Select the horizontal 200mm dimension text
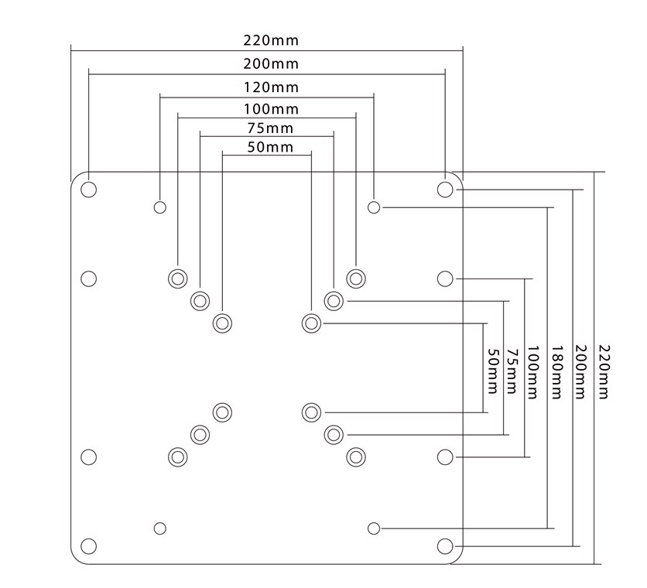tap(270, 63)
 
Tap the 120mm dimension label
tap(270, 87)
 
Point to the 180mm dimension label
tap(556, 375)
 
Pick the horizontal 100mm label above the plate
tap(270, 109)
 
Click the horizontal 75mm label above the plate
tap(270, 128)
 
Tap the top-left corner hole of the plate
tap(89, 190)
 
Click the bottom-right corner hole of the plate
tap(445, 547)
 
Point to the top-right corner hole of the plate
tap(445, 190)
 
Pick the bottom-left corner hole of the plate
tap(89, 547)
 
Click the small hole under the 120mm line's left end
tap(160, 207)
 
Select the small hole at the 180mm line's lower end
tap(374, 528)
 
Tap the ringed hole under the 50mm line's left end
tap(223, 323)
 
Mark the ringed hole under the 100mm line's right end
tap(356, 278)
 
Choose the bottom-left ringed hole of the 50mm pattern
tap(223, 412)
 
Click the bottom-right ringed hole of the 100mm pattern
tap(356, 456)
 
